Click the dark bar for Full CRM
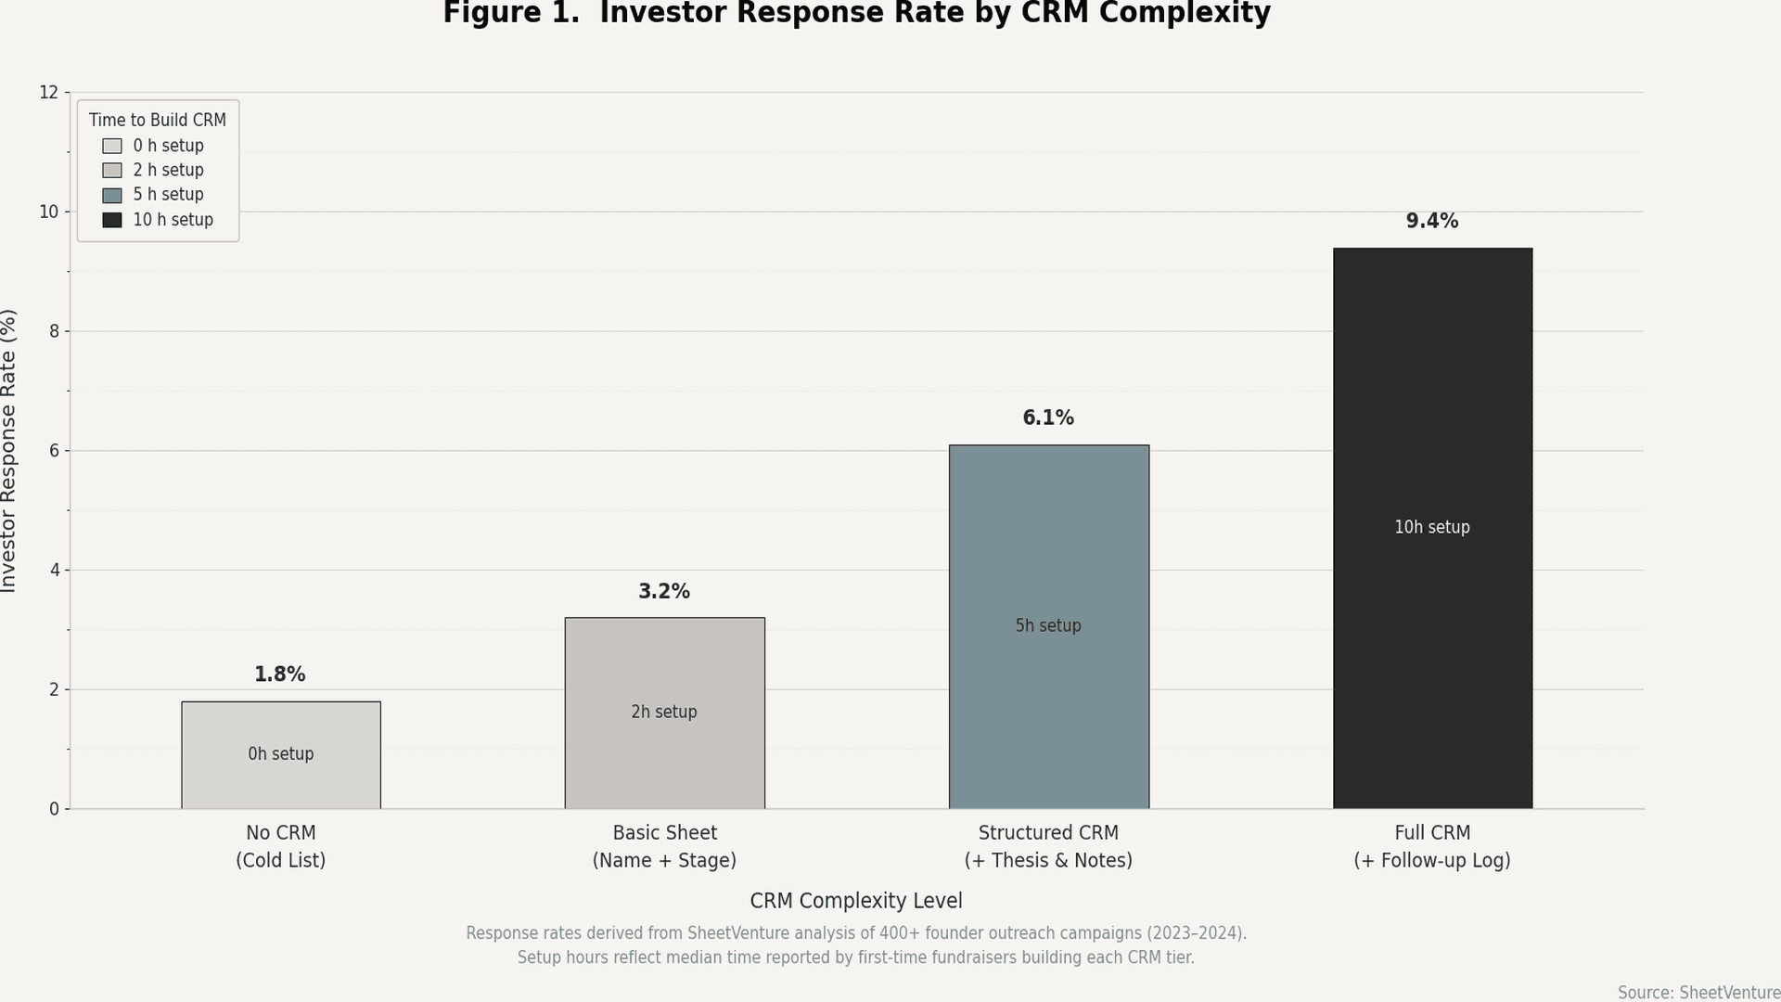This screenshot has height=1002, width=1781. [1432, 390]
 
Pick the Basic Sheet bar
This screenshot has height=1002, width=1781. [664, 668]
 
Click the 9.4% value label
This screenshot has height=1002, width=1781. [1432, 221]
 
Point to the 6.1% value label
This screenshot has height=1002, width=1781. [1048, 417]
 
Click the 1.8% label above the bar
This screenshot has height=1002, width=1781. [280, 674]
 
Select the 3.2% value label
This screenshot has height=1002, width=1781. [664, 591]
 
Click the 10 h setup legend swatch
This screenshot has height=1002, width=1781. [112, 220]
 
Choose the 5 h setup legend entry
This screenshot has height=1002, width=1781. [168, 195]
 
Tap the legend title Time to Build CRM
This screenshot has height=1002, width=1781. [157, 120]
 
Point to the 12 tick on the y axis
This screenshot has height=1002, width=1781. [48, 92]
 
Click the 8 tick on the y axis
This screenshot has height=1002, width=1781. [54, 331]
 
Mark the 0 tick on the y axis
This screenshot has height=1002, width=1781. [54, 809]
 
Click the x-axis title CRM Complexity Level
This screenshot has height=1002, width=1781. [855, 901]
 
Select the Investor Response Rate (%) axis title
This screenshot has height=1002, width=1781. [9, 451]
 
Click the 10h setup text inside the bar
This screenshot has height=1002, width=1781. [1432, 527]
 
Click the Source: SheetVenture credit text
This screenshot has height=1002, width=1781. [1698, 992]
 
